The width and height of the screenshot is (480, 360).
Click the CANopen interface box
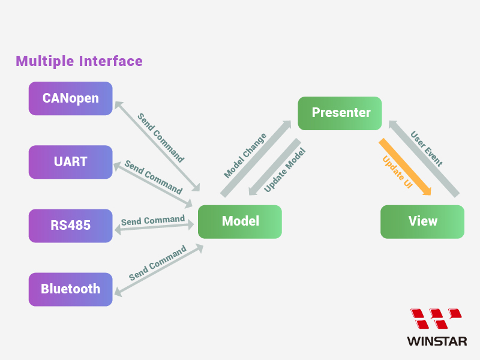click(x=71, y=98)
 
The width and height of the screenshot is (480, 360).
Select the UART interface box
click(x=71, y=162)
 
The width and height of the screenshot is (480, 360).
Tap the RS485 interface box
click(x=71, y=226)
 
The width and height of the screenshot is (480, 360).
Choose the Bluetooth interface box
click(x=71, y=289)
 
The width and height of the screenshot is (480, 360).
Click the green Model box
click(x=240, y=221)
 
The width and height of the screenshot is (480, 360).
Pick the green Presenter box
click(x=340, y=113)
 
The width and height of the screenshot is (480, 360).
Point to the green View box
click(x=422, y=221)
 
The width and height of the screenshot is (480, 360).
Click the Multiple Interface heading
click(x=79, y=61)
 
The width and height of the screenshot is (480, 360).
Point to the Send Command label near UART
click(x=153, y=177)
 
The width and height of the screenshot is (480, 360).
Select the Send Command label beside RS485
click(x=153, y=220)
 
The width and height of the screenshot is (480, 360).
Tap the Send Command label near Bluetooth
click(x=157, y=265)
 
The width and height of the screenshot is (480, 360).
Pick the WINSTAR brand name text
click(x=436, y=341)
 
